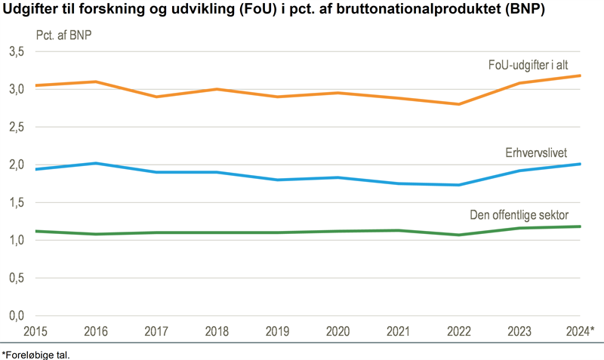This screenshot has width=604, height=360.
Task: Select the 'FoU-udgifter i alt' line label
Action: (537, 64)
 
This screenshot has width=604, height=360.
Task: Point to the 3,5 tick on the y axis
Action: (17, 51)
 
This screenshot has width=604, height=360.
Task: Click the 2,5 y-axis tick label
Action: (17, 127)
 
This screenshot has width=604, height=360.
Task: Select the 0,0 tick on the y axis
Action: (17, 315)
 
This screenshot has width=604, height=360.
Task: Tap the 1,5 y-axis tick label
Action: (17, 202)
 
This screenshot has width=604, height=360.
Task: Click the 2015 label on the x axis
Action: (35, 331)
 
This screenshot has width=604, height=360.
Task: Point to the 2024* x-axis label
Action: (581, 331)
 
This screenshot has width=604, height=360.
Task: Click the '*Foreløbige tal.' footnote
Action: (39, 352)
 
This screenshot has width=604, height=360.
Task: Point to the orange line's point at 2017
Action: (156, 97)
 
